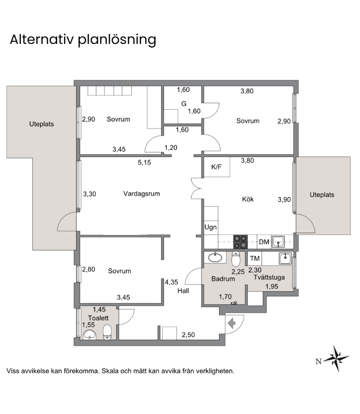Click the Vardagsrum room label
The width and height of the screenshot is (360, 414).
pyautogui.click(x=142, y=194)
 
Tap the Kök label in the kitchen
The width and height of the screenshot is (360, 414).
pyautogui.click(x=248, y=199)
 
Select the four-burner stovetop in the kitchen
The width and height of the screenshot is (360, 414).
pyautogui.click(x=240, y=242)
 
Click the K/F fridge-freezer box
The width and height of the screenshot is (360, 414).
pyautogui.click(x=216, y=167)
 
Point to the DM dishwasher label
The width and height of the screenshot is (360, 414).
pyautogui.click(x=264, y=242)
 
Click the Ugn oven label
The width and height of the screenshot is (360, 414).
pyautogui.click(x=210, y=227)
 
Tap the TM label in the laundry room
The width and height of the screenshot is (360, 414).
pyautogui.click(x=255, y=258)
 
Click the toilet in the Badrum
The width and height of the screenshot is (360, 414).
pyautogui.click(x=236, y=259)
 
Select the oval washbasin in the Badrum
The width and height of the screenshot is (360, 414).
pyautogui.click(x=215, y=257)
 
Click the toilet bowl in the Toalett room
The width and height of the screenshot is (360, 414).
pyautogui.click(x=107, y=332)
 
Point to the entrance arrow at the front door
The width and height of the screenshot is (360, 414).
pyautogui.click(x=231, y=323)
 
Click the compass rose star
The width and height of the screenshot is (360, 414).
pyautogui.click(x=337, y=358)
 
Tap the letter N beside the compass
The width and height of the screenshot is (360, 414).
pyautogui.click(x=318, y=362)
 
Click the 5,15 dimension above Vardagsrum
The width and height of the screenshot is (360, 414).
pyautogui.click(x=144, y=163)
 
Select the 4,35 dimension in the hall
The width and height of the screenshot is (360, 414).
pyautogui.click(x=172, y=282)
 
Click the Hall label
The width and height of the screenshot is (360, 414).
pyautogui.click(x=183, y=291)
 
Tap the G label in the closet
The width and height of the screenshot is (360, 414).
pyautogui.click(x=184, y=104)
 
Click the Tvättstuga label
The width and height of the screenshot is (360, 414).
pyautogui.click(x=269, y=278)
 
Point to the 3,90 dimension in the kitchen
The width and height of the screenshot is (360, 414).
pyautogui.click(x=284, y=200)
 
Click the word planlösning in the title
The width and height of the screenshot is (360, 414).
pyautogui.click(x=117, y=40)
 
